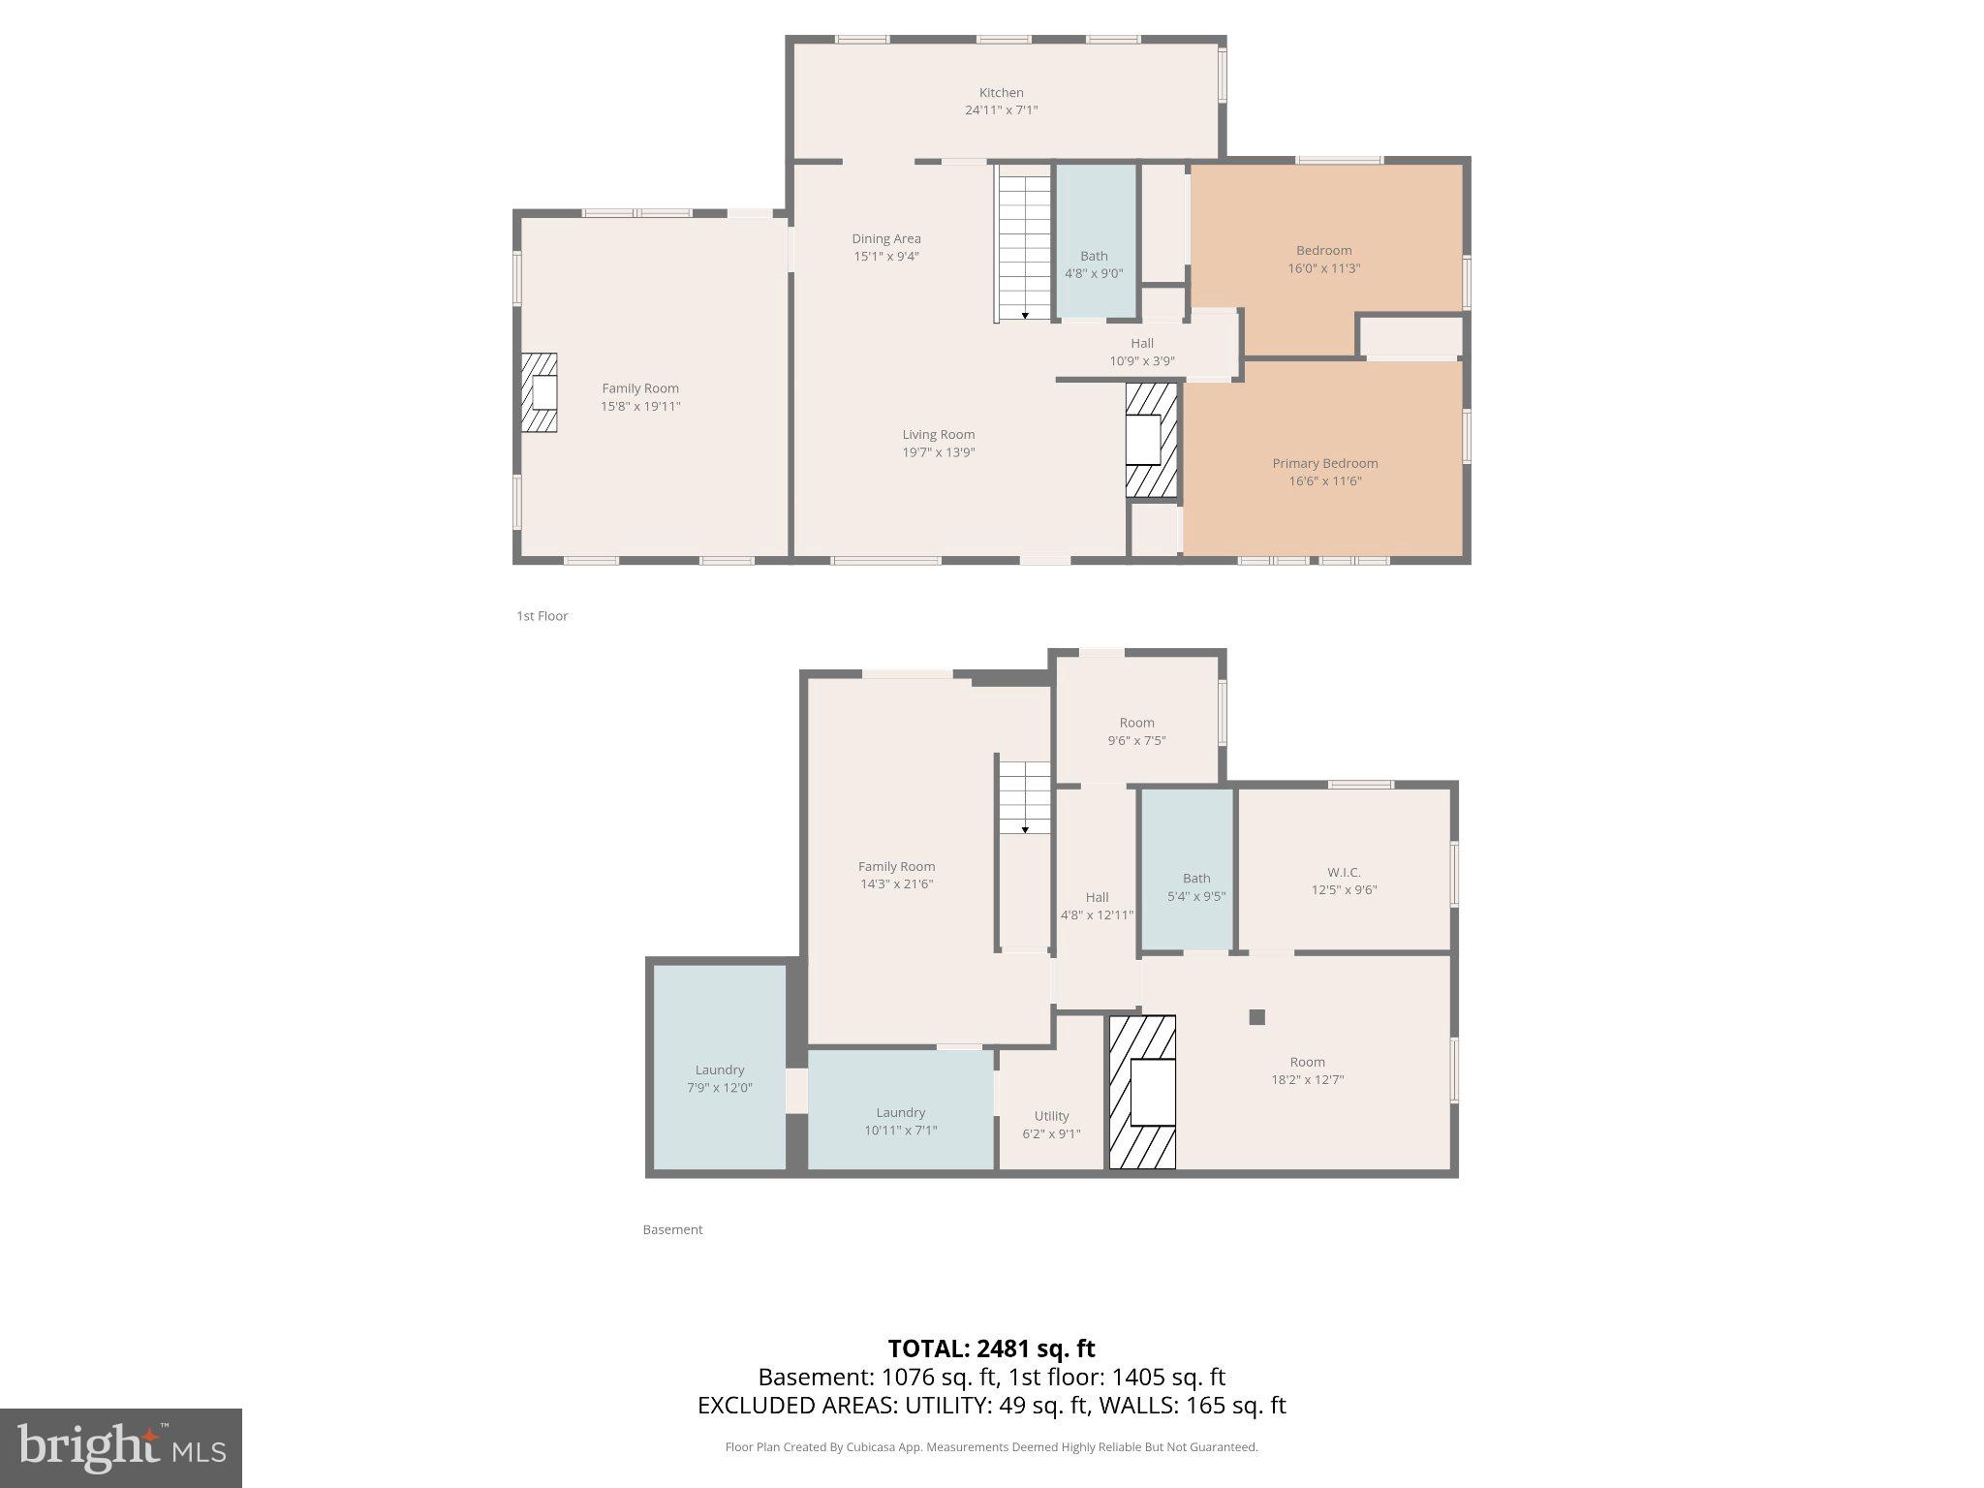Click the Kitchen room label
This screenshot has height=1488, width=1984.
tap(1001, 93)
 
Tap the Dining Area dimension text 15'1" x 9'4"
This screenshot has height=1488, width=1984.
tap(885, 257)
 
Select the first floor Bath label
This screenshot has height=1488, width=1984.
tap(1094, 256)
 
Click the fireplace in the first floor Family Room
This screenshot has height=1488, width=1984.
tap(541, 392)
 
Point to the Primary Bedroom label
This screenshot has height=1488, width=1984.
tap(1324, 463)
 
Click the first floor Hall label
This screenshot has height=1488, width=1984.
tap(1142, 343)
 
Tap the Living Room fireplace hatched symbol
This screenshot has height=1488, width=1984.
tap(1151, 441)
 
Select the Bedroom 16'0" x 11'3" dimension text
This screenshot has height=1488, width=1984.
tap(1323, 268)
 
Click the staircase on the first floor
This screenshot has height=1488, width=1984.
tap(1024, 242)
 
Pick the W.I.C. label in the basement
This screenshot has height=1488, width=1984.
tap(1344, 872)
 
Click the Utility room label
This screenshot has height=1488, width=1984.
tap(1051, 1116)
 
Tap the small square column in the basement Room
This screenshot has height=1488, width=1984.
tap(1256, 1017)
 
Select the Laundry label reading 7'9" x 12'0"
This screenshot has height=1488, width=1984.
tap(719, 1087)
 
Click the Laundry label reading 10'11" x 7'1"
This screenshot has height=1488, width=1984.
tap(900, 1130)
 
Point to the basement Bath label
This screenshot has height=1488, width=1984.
tap(1196, 879)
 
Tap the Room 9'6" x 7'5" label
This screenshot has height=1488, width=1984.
tap(1136, 723)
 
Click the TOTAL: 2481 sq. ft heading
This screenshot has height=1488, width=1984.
tap(991, 1348)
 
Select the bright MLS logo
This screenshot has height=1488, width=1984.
tap(121, 1447)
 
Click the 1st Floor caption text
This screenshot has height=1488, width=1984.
tap(542, 616)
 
